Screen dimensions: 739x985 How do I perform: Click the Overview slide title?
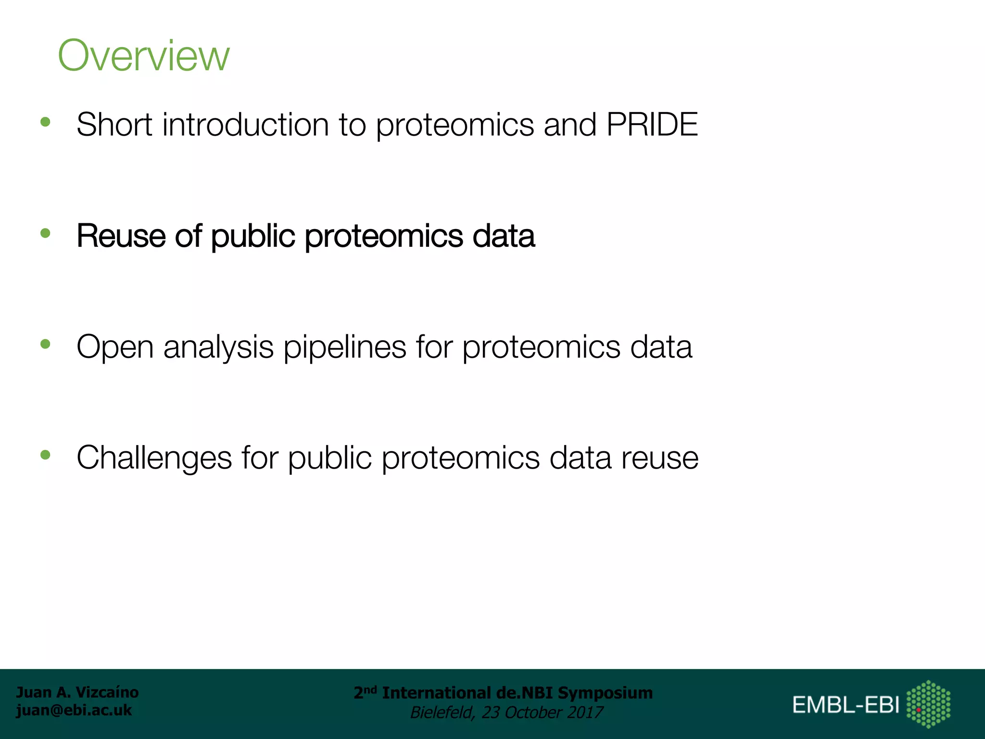[143, 56]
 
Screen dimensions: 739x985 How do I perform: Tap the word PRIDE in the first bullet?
[652, 125]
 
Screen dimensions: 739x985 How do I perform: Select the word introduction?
[245, 125]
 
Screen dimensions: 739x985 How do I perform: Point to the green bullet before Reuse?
[46, 233]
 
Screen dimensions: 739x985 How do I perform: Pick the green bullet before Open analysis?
[46, 344]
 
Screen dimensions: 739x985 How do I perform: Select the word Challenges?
[154, 458]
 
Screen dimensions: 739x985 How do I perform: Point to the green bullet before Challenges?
[46, 455]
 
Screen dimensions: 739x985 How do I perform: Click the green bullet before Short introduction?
[46, 122]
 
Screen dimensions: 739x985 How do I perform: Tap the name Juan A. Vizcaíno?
[77, 692]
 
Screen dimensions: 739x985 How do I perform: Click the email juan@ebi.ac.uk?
[74, 710]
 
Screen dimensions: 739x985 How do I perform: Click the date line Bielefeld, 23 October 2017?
[506, 712]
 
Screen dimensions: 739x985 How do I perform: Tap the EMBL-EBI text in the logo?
[846, 705]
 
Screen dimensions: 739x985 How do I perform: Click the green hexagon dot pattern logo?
[928, 704]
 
